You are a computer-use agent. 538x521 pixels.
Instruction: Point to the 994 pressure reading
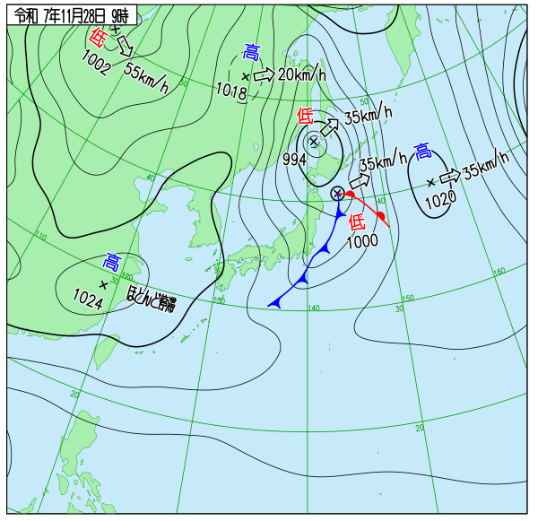click(x=295, y=159)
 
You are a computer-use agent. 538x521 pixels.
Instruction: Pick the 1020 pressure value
click(x=440, y=200)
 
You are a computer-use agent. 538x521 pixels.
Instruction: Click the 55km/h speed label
click(x=146, y=78)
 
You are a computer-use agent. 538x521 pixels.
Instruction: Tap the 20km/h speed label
click(x=300, y=74)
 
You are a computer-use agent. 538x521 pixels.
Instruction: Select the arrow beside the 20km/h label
click(x=264, y=75)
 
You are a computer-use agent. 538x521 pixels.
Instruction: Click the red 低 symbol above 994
click(x=306, y=116)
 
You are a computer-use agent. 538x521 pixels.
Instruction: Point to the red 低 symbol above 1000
click(x=357, y=221)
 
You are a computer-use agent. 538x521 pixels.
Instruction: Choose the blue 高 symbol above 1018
click(x=252, y=53)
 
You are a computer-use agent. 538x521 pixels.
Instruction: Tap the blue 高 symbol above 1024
click(x=111, y=263)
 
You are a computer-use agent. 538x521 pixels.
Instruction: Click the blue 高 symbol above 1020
click(x=422, y=152)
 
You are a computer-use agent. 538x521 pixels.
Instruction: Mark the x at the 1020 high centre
click(x=430, y=181)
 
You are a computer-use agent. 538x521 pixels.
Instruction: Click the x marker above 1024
click(x=103, y=284)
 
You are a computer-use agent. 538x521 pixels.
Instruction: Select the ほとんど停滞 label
click(x=151, y=303)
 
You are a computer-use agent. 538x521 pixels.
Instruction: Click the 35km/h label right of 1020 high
click(x=486, y=161)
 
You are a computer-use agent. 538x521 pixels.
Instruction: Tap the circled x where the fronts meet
click(x=337, y=193)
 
